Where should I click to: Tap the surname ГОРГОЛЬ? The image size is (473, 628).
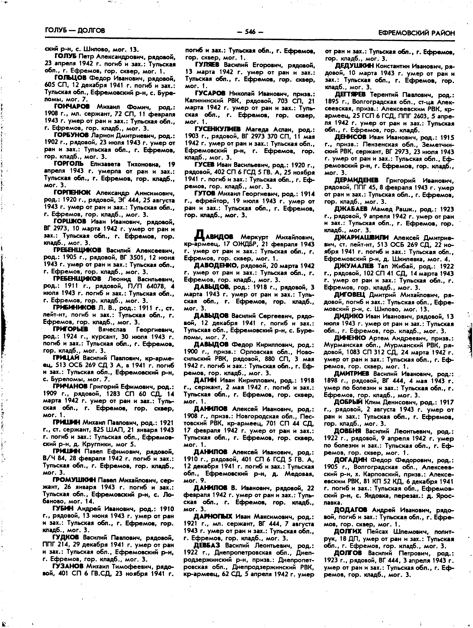(x=69, y=164)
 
